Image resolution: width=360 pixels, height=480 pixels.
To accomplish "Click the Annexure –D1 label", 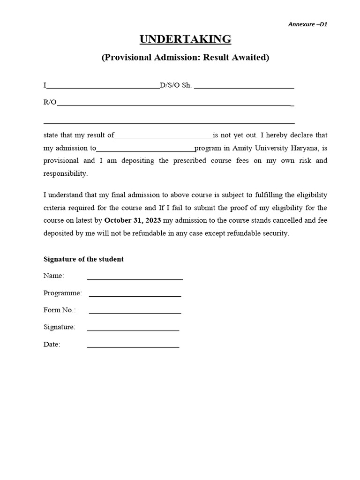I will click(307, 24).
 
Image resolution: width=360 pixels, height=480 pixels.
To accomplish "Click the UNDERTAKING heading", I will click(185, 39).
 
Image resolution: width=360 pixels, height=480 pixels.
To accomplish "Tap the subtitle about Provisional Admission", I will click(185, 58).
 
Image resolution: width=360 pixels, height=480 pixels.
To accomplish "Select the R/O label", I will click(50, 102).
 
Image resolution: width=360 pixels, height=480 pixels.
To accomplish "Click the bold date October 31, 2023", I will click(133, 220).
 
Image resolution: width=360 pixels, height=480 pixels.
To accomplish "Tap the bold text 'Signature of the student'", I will click(83, 259).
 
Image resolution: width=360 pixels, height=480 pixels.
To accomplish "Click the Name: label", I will click(53, 276).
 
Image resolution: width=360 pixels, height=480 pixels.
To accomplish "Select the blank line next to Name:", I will click(135, 278).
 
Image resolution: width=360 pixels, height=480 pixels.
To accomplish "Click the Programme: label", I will click(62, 293).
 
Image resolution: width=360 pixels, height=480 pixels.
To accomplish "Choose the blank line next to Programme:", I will click(135, 295).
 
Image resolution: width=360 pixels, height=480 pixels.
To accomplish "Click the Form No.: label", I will click(60, 310).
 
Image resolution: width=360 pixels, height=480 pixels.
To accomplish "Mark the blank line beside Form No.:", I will click(135, 312).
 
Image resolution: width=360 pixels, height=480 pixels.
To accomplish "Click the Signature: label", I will click(59, 327).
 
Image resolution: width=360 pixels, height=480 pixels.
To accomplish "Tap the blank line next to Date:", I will click(133, 346).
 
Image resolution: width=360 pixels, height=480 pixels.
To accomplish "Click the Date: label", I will click(52, 345).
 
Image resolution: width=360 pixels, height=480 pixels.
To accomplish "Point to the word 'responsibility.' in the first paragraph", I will click(65, 173).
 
